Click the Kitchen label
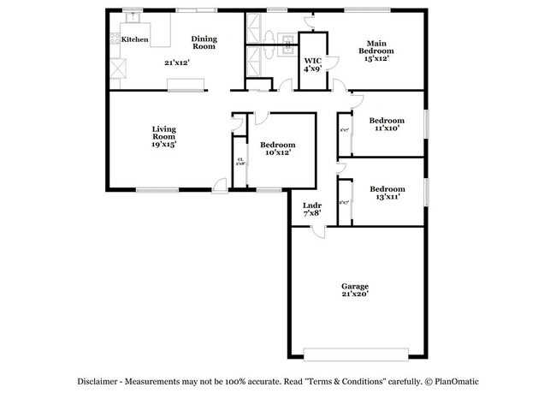click(134, 40)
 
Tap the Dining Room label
click(204, 42)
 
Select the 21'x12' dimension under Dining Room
click(177, 62)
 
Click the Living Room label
click(163, 133)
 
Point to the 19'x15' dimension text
click(163, 145)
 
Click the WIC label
click(312, 60)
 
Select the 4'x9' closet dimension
click(312, 68)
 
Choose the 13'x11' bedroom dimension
click(387, 197)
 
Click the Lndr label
click(311, 205)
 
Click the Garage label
click(355, 286)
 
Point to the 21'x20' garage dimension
click(355, 295)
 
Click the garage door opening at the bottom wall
click(356, 353)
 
